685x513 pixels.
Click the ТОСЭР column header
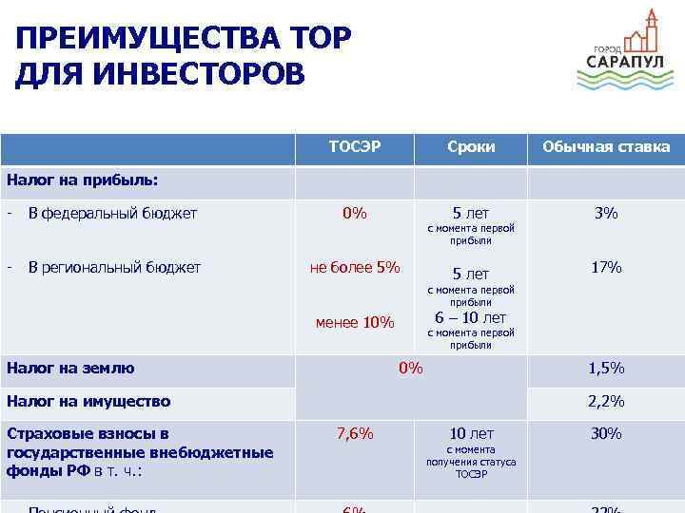coord(355,147)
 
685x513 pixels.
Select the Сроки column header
coord(471,147)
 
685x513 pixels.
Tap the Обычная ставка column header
coord(606,147)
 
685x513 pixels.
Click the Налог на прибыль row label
coord(82,179)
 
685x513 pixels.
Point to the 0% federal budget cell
coord(355,213)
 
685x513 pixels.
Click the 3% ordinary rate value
coord(606,213)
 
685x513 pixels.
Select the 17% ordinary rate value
coord(606,268)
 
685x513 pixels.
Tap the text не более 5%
coord(355,268)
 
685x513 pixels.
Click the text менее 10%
coord(355,323)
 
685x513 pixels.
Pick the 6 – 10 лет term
coord(471,318)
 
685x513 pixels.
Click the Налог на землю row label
coord(70,369)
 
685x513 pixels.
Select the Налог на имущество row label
coord(88,402)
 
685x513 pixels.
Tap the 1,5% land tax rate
coord(606,369)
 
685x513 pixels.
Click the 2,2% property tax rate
coord(606,402)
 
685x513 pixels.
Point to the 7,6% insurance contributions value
coord(355,434)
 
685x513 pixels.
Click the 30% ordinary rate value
coord(606,434)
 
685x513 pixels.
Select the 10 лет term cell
coord(471,434)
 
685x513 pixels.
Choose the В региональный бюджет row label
coord(114,268)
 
